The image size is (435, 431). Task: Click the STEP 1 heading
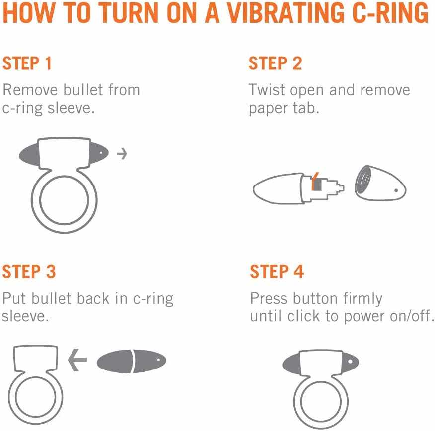coord(27,63)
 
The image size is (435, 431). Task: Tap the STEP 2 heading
coord(275,63)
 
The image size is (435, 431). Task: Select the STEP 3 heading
coord(29,271)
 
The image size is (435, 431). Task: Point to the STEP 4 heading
coord(277,271)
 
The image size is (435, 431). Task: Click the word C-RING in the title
coord(390,13)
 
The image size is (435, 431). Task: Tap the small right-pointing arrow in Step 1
coord(122,154)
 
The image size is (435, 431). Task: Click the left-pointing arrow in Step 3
coord(77,360)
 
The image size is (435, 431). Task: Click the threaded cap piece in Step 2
coord(380,184)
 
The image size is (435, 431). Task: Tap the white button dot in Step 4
coord(350,362)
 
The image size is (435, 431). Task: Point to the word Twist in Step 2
coord(267,90)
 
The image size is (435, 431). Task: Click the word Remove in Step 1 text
coord(30,90)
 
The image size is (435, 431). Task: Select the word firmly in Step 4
coord(362,299)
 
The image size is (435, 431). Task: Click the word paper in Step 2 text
coord(268,109)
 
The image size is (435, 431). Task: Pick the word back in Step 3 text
coord(93,298)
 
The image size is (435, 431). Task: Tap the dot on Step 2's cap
coord(396,190)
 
